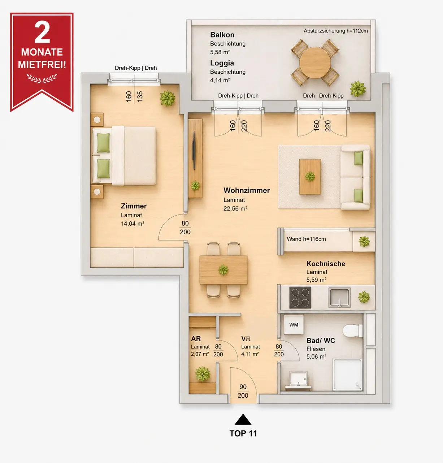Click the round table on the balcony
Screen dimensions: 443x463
coord(315,62)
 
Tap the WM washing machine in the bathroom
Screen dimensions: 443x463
coord(294,325)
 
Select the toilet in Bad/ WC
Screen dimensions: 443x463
coord(352,331)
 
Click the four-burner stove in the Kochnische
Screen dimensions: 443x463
coord(300,297)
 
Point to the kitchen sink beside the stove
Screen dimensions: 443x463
coord(339,297)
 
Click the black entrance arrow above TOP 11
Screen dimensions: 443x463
coord(243,419)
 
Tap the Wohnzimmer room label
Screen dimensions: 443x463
coord(247,190)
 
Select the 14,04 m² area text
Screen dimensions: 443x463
coord(133,224)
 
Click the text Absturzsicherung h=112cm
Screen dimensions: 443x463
coord(335,31)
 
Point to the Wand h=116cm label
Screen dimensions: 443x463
coord(306,239)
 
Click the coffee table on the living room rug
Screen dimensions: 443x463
coord(310,177)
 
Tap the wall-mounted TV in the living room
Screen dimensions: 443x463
coord(194,151)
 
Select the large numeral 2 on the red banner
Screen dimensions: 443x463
coord(42,33)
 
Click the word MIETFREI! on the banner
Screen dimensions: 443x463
coord(42,65)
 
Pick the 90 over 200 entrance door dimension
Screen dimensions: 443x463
coord(243,391)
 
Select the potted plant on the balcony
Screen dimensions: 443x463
coord(358,89)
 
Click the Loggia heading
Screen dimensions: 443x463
coord(222,63)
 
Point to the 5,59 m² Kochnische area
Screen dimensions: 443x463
coord(316,280)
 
